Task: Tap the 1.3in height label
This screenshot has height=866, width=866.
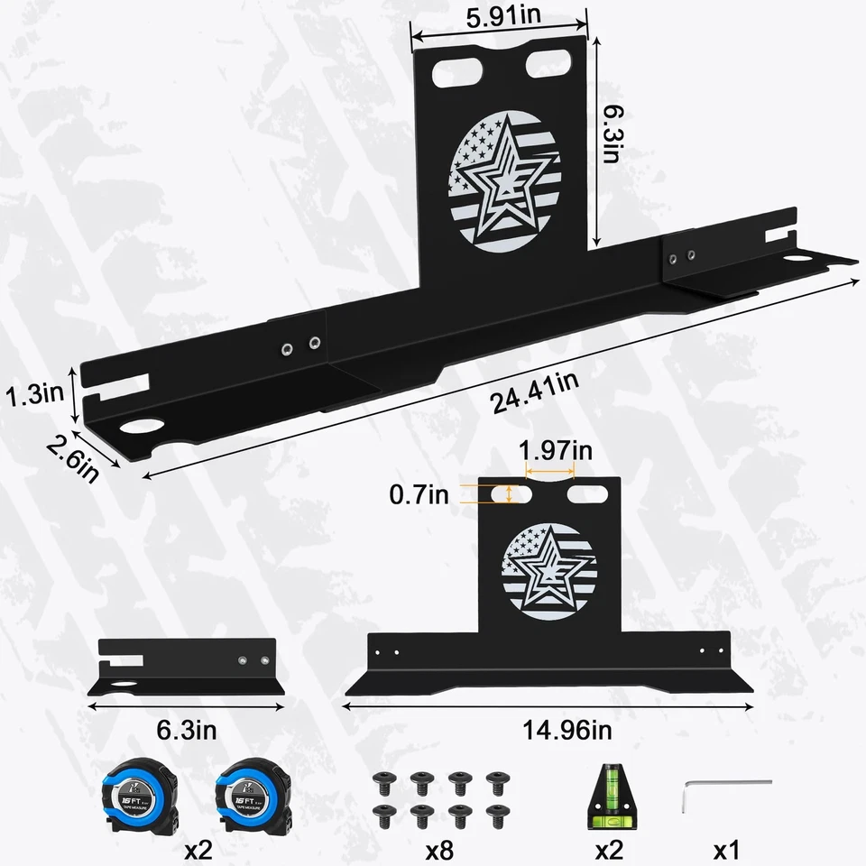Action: point(32,393)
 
